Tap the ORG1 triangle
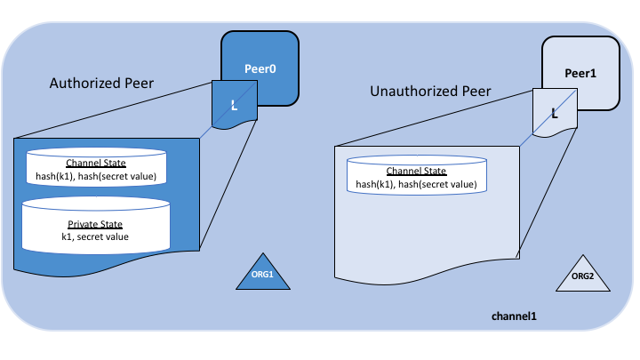tap(264, 275)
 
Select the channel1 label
tap(515, 316)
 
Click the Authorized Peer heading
tap(102, 84)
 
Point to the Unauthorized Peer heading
tap(428, 92)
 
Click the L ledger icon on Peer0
tap(235, 106)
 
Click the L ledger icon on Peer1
tap(555, 114)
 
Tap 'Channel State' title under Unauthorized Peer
tap(416, 172)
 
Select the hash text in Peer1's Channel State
tap(416, 185)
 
